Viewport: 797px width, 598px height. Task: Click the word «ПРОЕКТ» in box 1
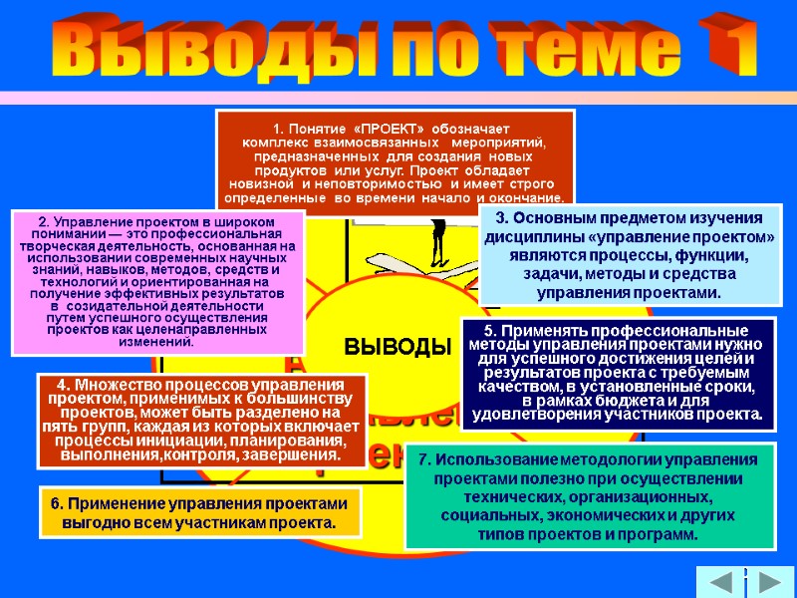[396, 130]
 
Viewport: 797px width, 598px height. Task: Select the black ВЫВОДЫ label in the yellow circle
[392, 347]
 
